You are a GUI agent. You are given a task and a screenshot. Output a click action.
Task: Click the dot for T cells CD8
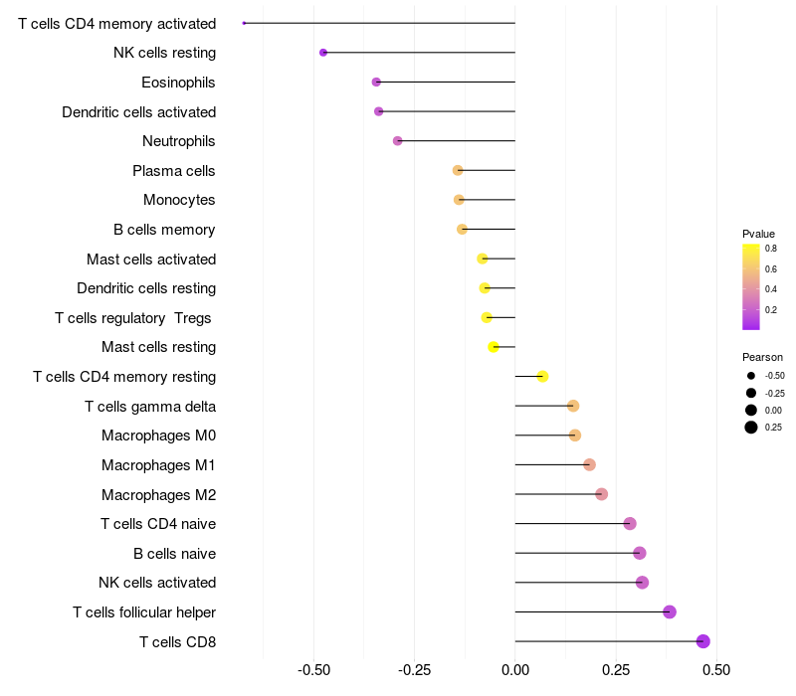click(x=703, y=641)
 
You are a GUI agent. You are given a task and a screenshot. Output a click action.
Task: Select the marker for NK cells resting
click(x=323, y=53)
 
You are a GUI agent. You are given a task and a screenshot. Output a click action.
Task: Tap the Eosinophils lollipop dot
click(x=376, y=82)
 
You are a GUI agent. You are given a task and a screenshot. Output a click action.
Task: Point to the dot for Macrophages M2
click(x=601, y=494)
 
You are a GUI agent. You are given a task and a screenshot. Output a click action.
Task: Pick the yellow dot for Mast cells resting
click(x=494, y=347)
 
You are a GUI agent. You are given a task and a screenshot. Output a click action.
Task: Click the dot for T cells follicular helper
click(x=670, y=611)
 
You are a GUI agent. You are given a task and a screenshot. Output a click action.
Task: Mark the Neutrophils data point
click(x=398, y=141)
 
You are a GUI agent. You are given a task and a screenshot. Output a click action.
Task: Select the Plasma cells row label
click(x=173, y=171)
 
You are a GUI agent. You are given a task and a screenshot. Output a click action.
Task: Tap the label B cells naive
click(x=174, y=554)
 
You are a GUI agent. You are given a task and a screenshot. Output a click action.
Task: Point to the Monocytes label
click(x=179, y=201)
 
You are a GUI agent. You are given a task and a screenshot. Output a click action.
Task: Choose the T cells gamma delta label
click(x=150, y=407)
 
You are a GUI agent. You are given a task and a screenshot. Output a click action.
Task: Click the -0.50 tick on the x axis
click(x=314, y=670)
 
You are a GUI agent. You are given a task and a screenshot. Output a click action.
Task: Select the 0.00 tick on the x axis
click(x=515, y=670)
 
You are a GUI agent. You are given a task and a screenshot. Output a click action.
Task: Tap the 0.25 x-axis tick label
click(x=616, y=670)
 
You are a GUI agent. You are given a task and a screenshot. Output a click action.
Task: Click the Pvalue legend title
click(x=758, y=234)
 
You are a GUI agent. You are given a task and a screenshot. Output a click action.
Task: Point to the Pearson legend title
click(x=762, y=357)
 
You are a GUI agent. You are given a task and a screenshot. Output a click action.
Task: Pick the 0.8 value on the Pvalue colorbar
click(x=771, y=250)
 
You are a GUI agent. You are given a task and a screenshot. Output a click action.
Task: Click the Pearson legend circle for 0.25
click(x=751, y=428)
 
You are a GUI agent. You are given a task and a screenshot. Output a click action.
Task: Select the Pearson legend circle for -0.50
click(x=751, y=376)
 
